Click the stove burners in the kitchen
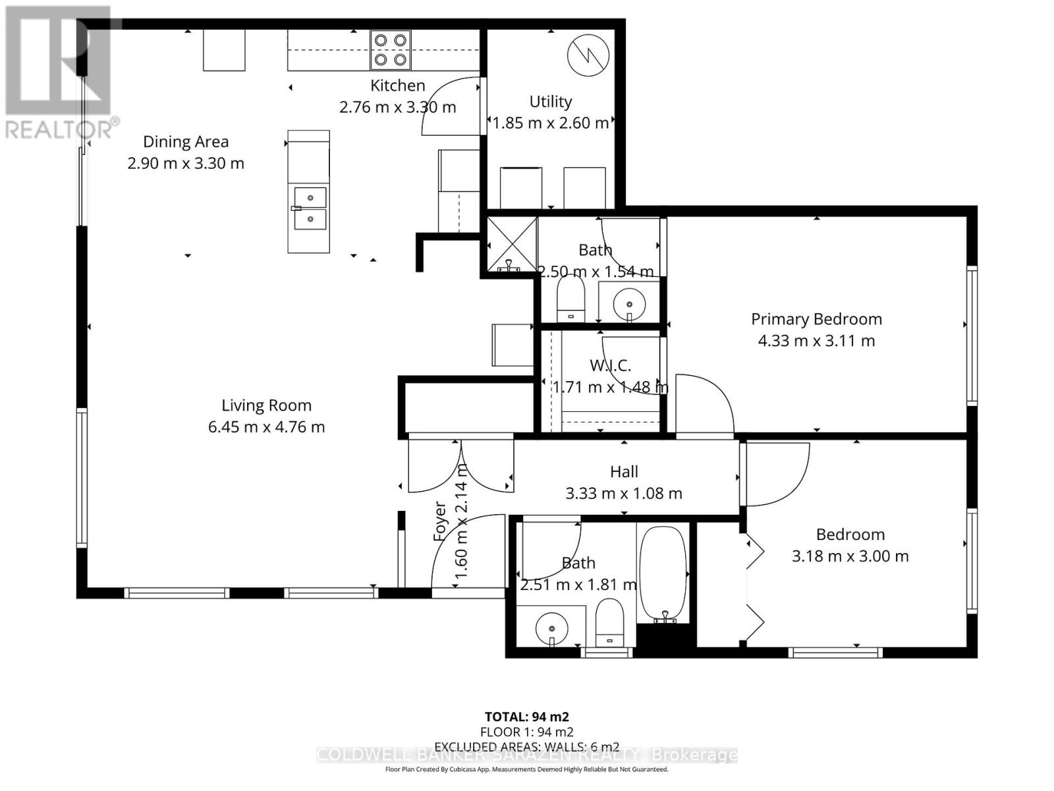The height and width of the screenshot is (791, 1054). pos(390,50)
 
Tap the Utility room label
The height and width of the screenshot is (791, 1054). pos(551,102)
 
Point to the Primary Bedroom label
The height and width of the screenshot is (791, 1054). pos(816,319)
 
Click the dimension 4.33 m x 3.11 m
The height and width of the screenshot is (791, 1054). pos(816,341)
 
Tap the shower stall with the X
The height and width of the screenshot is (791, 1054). pos(512,245)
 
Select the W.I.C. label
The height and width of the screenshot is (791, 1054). pos(610,365)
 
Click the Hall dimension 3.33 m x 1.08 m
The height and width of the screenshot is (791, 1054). pos(624,493)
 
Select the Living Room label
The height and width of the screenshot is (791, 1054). pos(266,405)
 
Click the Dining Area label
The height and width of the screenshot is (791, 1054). pos(186,142)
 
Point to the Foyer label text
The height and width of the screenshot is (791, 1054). pos(440,521)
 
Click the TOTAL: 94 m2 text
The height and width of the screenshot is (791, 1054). pos(526,717)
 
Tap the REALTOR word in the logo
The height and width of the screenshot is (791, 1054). pos(59,129)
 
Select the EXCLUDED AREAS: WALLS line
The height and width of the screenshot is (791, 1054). pos(526,746)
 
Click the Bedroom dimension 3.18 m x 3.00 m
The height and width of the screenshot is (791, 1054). pos(850,556)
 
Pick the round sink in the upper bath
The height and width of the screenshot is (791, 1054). pos(629,304)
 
